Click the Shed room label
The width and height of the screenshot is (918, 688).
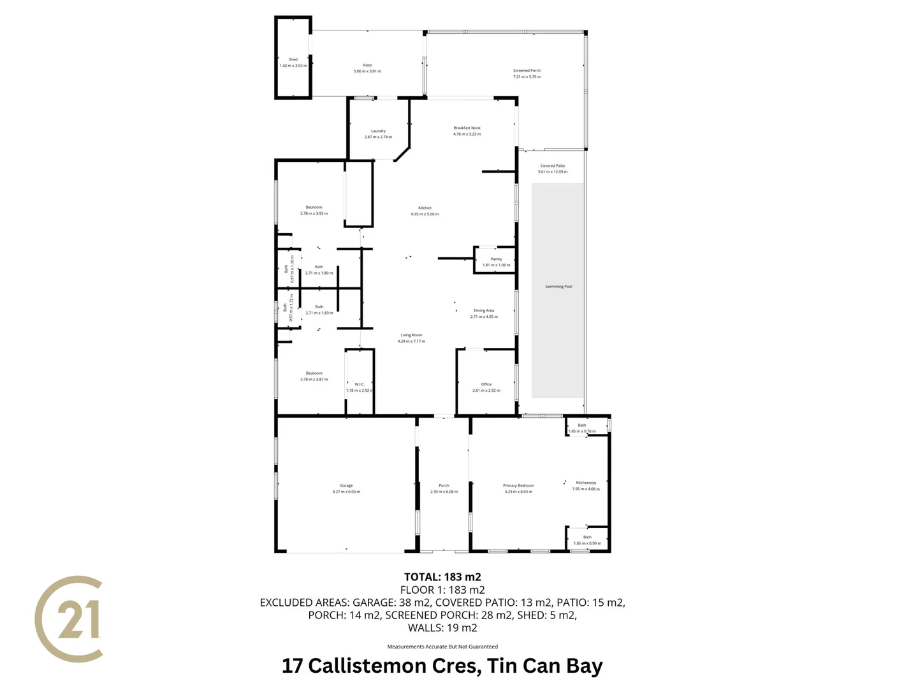click(293, 59)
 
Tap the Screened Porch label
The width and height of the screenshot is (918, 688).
click(527, 71)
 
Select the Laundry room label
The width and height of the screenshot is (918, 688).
click(378, 131)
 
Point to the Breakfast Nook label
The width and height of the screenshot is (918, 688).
click(467, 128)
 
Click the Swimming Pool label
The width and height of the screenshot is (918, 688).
click(558, 287)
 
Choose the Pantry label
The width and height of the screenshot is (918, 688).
click(497, 259)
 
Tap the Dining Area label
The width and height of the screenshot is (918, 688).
click(484, 311)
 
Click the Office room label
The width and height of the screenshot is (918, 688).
click(486, 384)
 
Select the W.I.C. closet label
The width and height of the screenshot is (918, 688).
click(360, 384)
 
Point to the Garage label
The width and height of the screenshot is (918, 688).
click(346, 485)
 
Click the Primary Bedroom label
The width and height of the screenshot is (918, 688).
click(518, 485)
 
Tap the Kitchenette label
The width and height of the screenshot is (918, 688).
click(586, 483)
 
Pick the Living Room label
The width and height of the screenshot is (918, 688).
click(411, 335)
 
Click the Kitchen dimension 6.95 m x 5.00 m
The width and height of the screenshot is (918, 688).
click(425, 214)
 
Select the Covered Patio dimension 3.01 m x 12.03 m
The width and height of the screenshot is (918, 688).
click(553, 172)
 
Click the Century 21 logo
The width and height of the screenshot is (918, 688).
click(69, 619)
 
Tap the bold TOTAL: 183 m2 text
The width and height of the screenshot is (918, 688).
click(442, 577)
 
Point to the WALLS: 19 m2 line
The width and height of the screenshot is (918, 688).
click(442, 627)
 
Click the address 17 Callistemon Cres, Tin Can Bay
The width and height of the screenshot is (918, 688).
click(442, 666)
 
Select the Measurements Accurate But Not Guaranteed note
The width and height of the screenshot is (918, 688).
click(442, 647)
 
